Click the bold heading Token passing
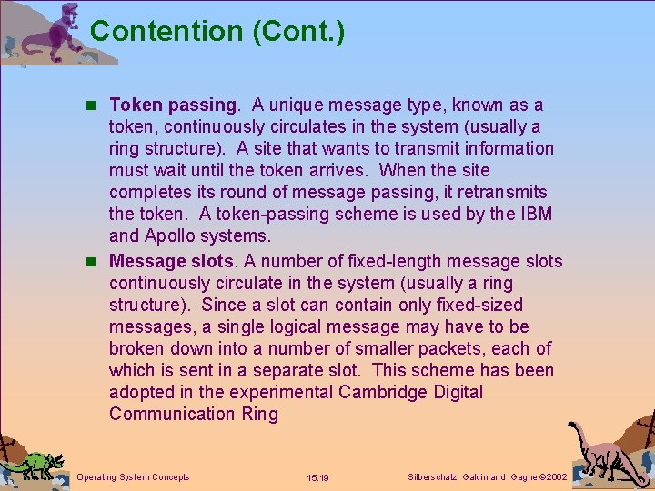[171, 105]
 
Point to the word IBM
[533, 215]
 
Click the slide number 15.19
[318, 477]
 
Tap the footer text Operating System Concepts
[134, 477]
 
